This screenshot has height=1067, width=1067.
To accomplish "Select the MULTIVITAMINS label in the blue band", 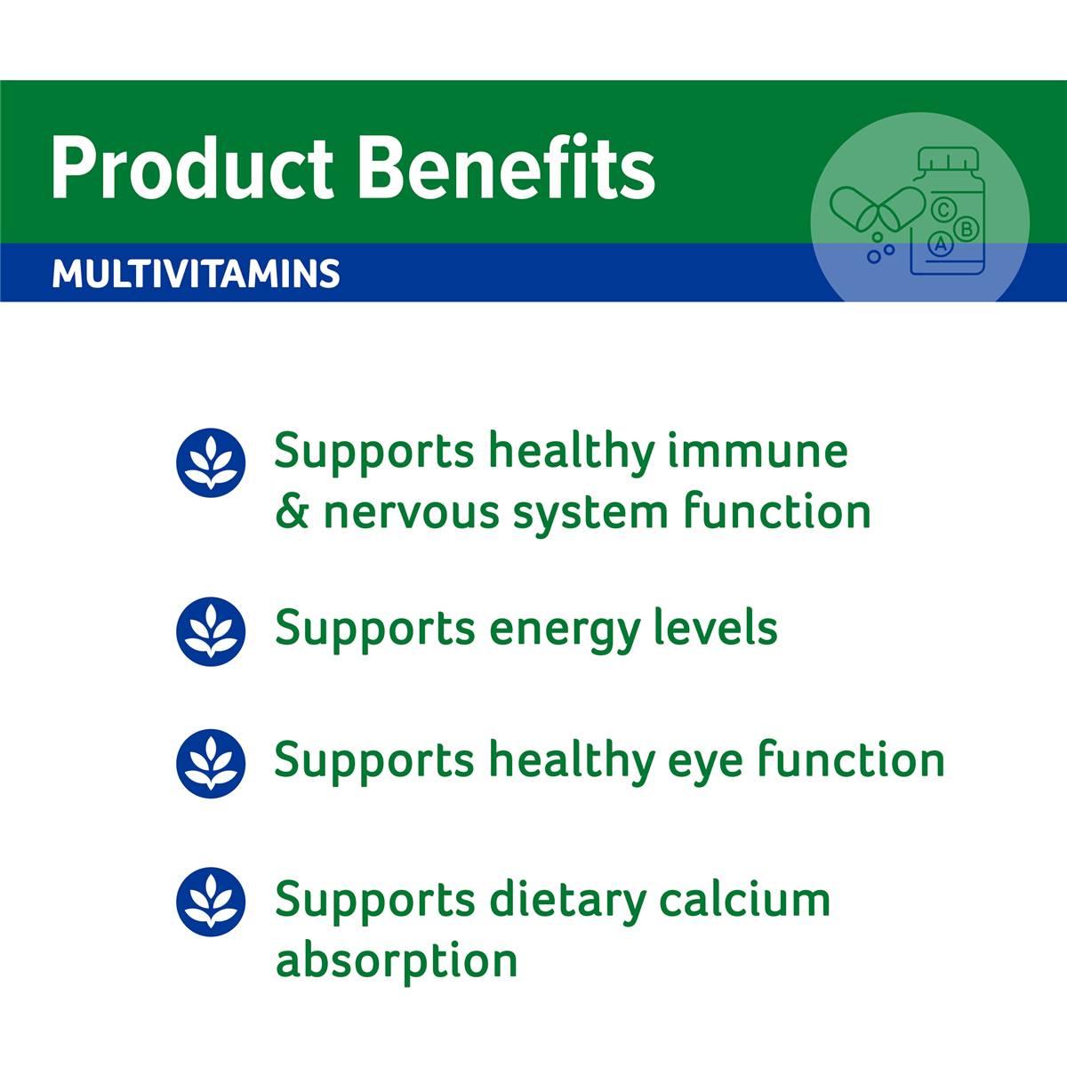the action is (x=196, y=274).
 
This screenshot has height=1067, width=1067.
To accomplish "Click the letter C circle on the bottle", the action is (x=943, y=210).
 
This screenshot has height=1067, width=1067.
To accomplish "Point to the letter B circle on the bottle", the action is (x=967, y=229).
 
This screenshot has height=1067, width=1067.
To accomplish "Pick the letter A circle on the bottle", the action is (x=940, y=244).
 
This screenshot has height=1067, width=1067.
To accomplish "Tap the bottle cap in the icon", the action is (x=949, y=159).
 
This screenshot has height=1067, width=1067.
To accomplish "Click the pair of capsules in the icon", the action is (x=877, y=209).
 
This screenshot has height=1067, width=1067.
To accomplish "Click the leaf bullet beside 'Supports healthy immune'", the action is (x=211, y=462).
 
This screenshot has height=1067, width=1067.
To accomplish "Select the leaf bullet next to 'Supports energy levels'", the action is (x=211, y=631).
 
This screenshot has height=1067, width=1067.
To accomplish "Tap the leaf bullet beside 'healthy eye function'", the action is (x=211, y=764).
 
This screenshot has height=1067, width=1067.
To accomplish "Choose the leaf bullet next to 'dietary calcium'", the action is (x=211, y=902).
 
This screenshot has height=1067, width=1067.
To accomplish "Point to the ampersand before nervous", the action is (x=292, y=512).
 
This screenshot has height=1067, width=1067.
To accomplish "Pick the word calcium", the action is (x=745, y=899).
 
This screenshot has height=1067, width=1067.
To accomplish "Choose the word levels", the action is (x=715, y=627).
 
